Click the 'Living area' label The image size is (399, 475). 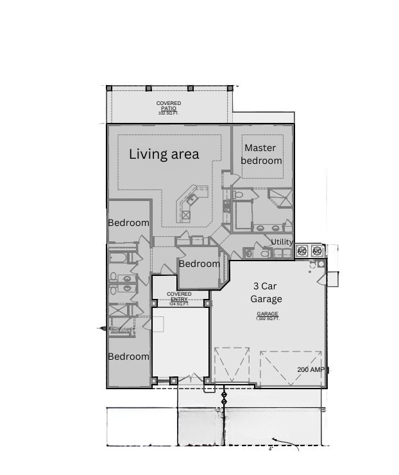[164, 154]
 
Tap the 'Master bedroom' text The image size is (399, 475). [261, 154]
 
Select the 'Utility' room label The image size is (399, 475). [282, 242]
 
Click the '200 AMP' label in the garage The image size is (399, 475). [310, 370]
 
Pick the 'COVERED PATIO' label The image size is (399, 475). [169, 106]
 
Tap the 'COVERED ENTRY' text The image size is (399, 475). [180, 296]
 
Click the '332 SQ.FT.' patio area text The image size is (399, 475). [169, 113]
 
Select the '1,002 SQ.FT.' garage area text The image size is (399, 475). [267, 318]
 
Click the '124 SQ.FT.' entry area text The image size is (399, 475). [180, 304]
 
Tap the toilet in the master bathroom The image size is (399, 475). [238, 194]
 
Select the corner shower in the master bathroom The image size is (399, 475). [280, 197]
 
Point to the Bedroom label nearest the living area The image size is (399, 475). [128, 223]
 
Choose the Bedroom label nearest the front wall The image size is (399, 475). [128, 357]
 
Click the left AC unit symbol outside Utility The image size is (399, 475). [301, 250]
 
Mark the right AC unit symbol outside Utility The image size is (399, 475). [316, 250]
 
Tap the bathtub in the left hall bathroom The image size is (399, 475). [119, 257]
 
